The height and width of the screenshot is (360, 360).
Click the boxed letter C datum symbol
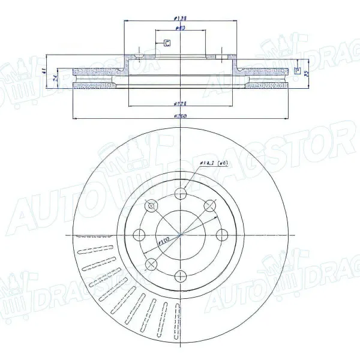(x=167, y=43)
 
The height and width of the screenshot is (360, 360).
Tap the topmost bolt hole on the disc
(x=180, y=193)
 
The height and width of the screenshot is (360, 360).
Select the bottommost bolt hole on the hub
(x=180, y=275)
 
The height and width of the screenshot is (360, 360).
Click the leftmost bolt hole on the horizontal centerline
(x=139, y=234)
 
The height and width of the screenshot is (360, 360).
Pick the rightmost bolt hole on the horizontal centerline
(x=221, y=234)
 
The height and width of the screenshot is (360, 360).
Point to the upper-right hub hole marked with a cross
(x=209, y=206)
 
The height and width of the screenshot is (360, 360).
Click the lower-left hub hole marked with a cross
(x=151, y=263)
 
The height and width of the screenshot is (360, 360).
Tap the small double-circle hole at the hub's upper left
(x=151, y=206)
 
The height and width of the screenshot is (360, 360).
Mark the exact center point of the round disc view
(x=180, y=234)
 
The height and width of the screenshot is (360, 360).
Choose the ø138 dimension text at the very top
(x=178, y=18)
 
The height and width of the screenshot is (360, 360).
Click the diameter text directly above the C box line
(x=179, y=28)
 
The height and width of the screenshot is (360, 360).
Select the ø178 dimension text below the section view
(x=179, y=103)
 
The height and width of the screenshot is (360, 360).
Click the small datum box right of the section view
(x=296, y=70)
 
